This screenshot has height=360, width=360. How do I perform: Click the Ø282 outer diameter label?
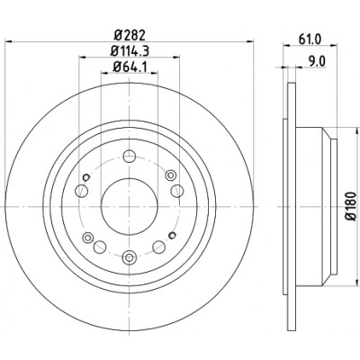[x=130, y=35]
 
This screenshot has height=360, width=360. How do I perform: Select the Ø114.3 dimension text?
[x=130, y=51]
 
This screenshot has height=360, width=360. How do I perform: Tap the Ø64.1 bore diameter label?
[x=130, y=67]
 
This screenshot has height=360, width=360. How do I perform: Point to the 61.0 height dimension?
[x=310, y=39]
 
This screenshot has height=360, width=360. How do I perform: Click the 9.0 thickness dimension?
[x=317, y=62]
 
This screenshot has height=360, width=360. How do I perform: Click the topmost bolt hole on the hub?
[x=130, y=156]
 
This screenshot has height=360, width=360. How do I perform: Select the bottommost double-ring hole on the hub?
[x=130, y=257]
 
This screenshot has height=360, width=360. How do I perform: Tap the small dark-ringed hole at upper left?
[x=86, y=177]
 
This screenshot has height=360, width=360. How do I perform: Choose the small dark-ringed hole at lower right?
[x=172, y=235]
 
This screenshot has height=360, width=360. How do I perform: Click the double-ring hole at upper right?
[x=171, y=175]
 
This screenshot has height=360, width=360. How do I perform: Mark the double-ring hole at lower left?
[x=87, y=238]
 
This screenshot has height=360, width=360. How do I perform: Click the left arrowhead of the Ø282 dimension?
[x=8, y=41]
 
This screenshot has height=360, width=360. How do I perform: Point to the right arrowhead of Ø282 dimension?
[x=250, y=41]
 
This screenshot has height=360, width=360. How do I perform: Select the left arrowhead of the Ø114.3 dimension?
[x=83, y=57]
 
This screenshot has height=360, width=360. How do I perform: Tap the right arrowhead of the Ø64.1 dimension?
[x=155, y=72]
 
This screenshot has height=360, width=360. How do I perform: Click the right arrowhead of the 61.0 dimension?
[x=334, y=45]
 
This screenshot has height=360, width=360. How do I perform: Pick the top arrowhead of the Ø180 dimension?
[x=357, y=130]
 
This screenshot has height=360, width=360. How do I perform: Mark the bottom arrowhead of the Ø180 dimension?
[x=357, y=282]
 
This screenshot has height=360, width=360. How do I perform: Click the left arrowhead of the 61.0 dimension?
[x=287, y=45]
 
